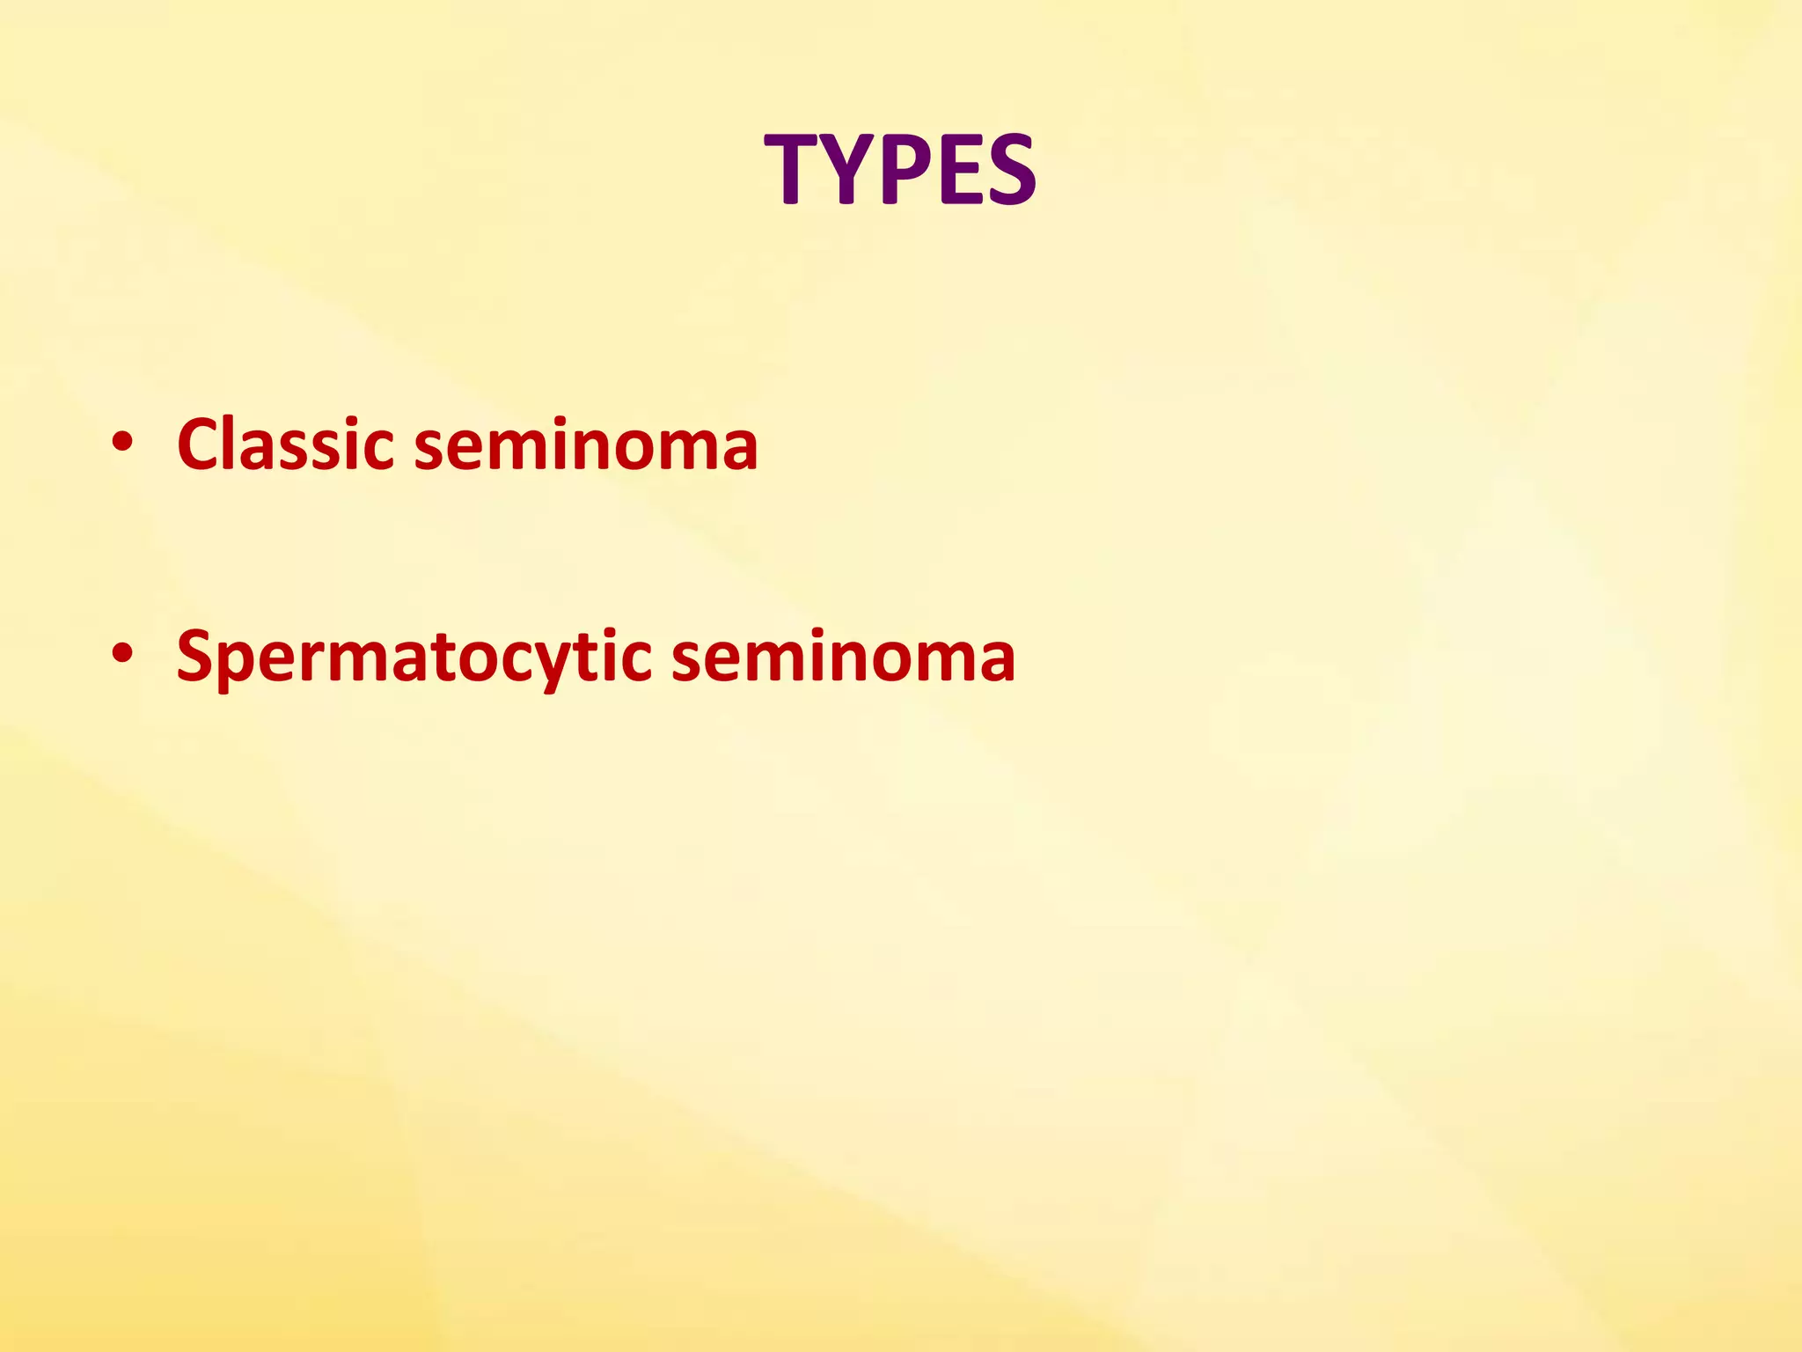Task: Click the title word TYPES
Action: click(900, 169)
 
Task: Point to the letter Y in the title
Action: click(846, 169)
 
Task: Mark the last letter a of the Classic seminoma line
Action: click(738, 449)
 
